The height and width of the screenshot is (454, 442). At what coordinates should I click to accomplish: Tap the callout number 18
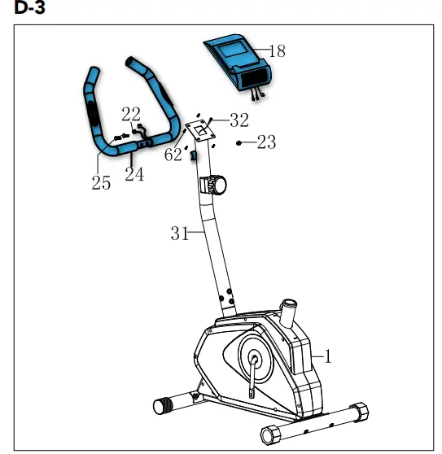[x=277, y=51]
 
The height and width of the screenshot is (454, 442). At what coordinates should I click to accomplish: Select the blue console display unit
[x=237, y=61]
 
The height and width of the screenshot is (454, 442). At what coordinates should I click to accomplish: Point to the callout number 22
[x=130, y=114]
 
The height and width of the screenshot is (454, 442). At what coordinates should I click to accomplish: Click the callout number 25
[x=101, y=182]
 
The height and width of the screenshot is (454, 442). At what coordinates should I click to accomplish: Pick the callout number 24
[x=134, y=174]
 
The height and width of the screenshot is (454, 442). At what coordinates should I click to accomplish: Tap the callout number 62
[x=173, y=155]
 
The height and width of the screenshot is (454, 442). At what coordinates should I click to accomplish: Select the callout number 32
[x=239, y=120]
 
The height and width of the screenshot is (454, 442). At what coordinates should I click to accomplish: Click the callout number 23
[x=266, y=143]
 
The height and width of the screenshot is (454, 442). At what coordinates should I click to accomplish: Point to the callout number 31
[x=180, y=234]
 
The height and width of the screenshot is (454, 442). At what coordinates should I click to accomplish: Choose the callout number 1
[x=328, y=356]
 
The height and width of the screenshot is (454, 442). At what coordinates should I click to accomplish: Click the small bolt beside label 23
[x=239, y=142]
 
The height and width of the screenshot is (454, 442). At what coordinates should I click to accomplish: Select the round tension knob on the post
[x=216, y=185]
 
